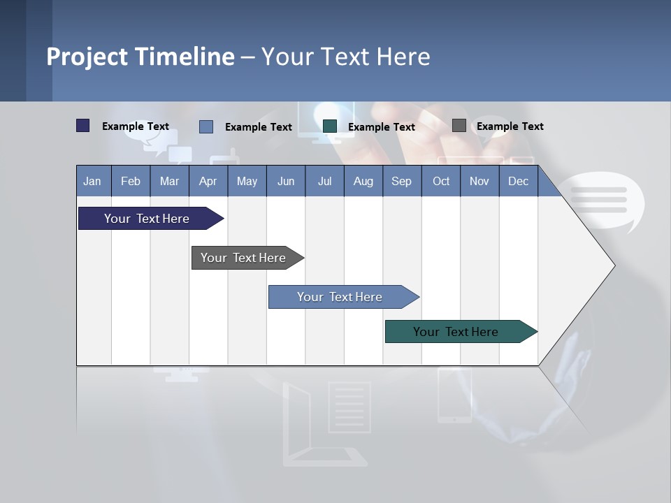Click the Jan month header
[92, 181]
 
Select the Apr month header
[208, 181]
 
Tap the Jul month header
[324, 181]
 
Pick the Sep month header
[401, 181]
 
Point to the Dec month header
[518, 181]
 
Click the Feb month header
[131, 181]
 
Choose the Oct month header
[441, 181]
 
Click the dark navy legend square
[83, 126]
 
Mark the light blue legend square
[206, 126]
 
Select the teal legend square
[330, 126]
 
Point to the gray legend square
[459, 126]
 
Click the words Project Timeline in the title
[140, 57]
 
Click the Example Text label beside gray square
[510, 126]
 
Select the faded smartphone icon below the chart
[454, 396]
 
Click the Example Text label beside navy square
[135, 126]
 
